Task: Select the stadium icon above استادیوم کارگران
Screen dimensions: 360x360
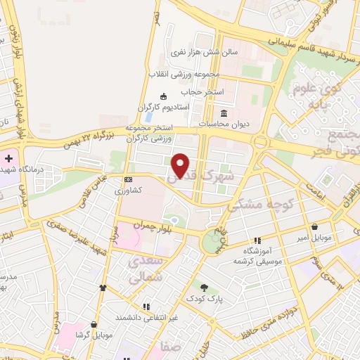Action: click(164, 96)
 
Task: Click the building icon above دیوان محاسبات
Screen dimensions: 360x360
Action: click(224, 113)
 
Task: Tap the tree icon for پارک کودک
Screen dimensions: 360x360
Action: click(204, 288)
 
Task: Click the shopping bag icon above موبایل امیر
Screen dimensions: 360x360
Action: click(313, 227)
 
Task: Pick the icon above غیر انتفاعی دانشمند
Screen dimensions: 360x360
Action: click(146, 307)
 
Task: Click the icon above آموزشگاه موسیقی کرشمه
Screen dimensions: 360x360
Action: click(257, 240)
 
